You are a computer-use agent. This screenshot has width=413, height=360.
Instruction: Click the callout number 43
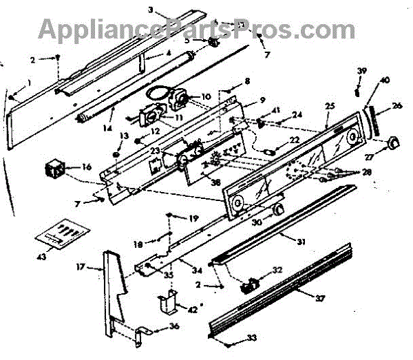pyautogui.click(x=41, y=257)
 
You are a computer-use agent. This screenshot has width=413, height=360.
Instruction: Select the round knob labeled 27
pyautogui.click(x=393, y=142)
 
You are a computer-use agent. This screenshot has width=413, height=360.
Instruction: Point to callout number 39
pyautogui.click(x=362, y=72)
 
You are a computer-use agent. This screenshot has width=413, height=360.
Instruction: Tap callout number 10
pyautogui.click(x=206, y=96)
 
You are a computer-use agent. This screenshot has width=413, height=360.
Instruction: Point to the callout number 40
pyautogui.click(x=384, y=80)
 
